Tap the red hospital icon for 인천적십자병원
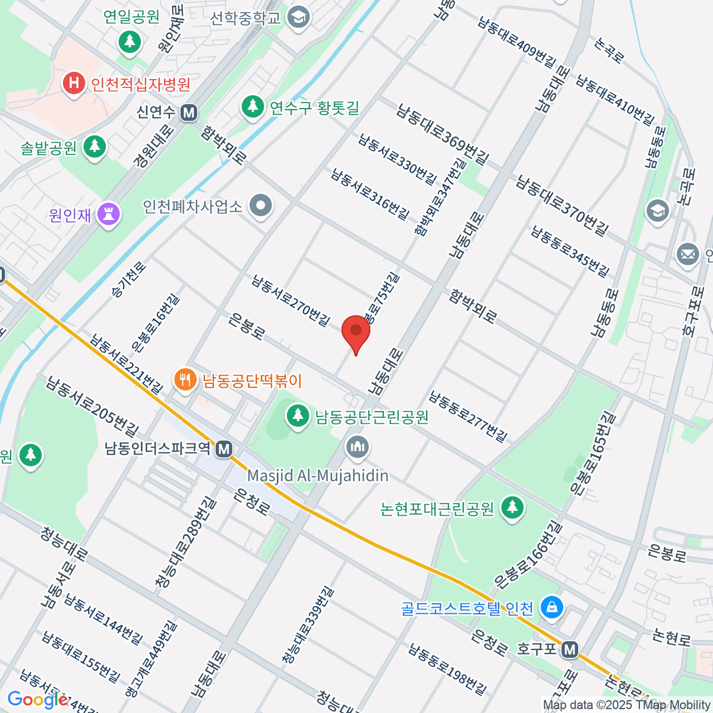74,83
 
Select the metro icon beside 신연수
189,112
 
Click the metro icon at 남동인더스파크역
224,449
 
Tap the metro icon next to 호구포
570,649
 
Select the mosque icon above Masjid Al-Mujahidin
357,447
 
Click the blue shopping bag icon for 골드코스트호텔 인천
552,608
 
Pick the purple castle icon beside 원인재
109,214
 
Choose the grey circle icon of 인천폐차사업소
260,207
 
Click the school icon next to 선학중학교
298,17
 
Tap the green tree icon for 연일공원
130,42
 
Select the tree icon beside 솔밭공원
94,147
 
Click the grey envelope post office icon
688,255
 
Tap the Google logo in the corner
38,699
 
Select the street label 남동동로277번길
469,417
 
